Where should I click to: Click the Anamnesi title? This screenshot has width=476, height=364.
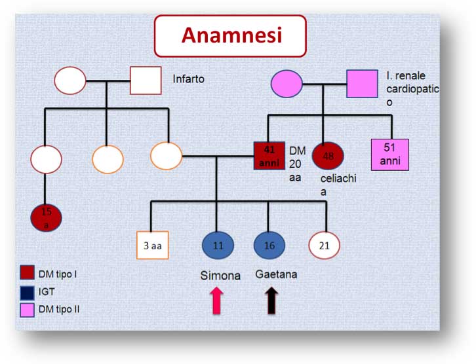[x=231, y=35]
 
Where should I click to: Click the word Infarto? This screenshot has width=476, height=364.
[x=189, y=79]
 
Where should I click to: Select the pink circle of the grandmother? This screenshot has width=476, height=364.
[x=287, y=84]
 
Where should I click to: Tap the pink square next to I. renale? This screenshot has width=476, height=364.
[x=362, y=84]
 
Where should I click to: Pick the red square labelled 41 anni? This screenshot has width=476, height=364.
[x=269, y=156]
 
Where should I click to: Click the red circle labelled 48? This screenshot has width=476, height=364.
[x=328, y=156]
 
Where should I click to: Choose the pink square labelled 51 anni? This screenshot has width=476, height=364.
[x=389, y=155]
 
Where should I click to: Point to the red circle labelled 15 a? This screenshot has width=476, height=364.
[x=46, y=217]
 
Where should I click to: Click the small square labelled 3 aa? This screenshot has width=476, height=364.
[x=153, y=246]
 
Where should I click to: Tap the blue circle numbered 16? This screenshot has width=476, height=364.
[x=269, y=245]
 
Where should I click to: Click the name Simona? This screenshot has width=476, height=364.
[x=220, y=276]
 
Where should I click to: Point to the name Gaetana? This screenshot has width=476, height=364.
[x=276, y=274]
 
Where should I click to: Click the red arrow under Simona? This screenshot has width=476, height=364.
[x=218, y=301]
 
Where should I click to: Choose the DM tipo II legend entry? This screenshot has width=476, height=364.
[x=57, y=308]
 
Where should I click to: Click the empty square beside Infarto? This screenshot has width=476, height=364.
[x=146, y=81]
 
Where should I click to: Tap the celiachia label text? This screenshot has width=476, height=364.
[x=338, y=184]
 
